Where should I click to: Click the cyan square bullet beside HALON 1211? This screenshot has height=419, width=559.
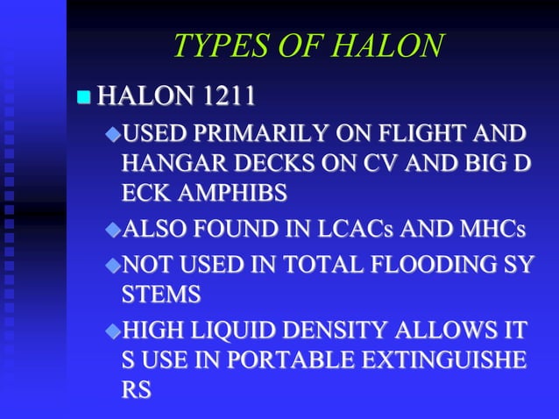[83, 96]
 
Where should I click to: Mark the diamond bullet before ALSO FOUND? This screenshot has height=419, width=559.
[112, 231]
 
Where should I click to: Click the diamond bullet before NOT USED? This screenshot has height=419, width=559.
[112, 265]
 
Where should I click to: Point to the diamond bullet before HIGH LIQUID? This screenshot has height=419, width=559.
[112, 332]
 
